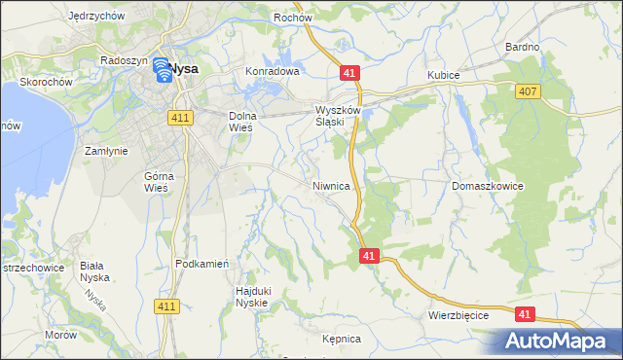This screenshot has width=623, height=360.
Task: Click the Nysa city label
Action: click(184, 69)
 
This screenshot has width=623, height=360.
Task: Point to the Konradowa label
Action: click(272, 71)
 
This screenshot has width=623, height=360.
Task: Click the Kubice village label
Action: click(443, 75)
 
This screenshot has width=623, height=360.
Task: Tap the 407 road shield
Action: click(527, 90)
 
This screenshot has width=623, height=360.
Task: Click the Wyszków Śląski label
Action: click(339, 117)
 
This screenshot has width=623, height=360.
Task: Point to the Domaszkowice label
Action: click(488, 184)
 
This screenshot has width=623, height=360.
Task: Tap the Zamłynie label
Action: click(106, 151)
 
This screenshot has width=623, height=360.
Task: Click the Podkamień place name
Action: click(202, 264)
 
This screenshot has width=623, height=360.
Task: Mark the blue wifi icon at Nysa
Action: click(162, 69)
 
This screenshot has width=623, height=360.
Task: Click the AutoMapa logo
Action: click(560, 342)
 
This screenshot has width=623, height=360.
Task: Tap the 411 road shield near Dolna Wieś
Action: click(182, 117)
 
